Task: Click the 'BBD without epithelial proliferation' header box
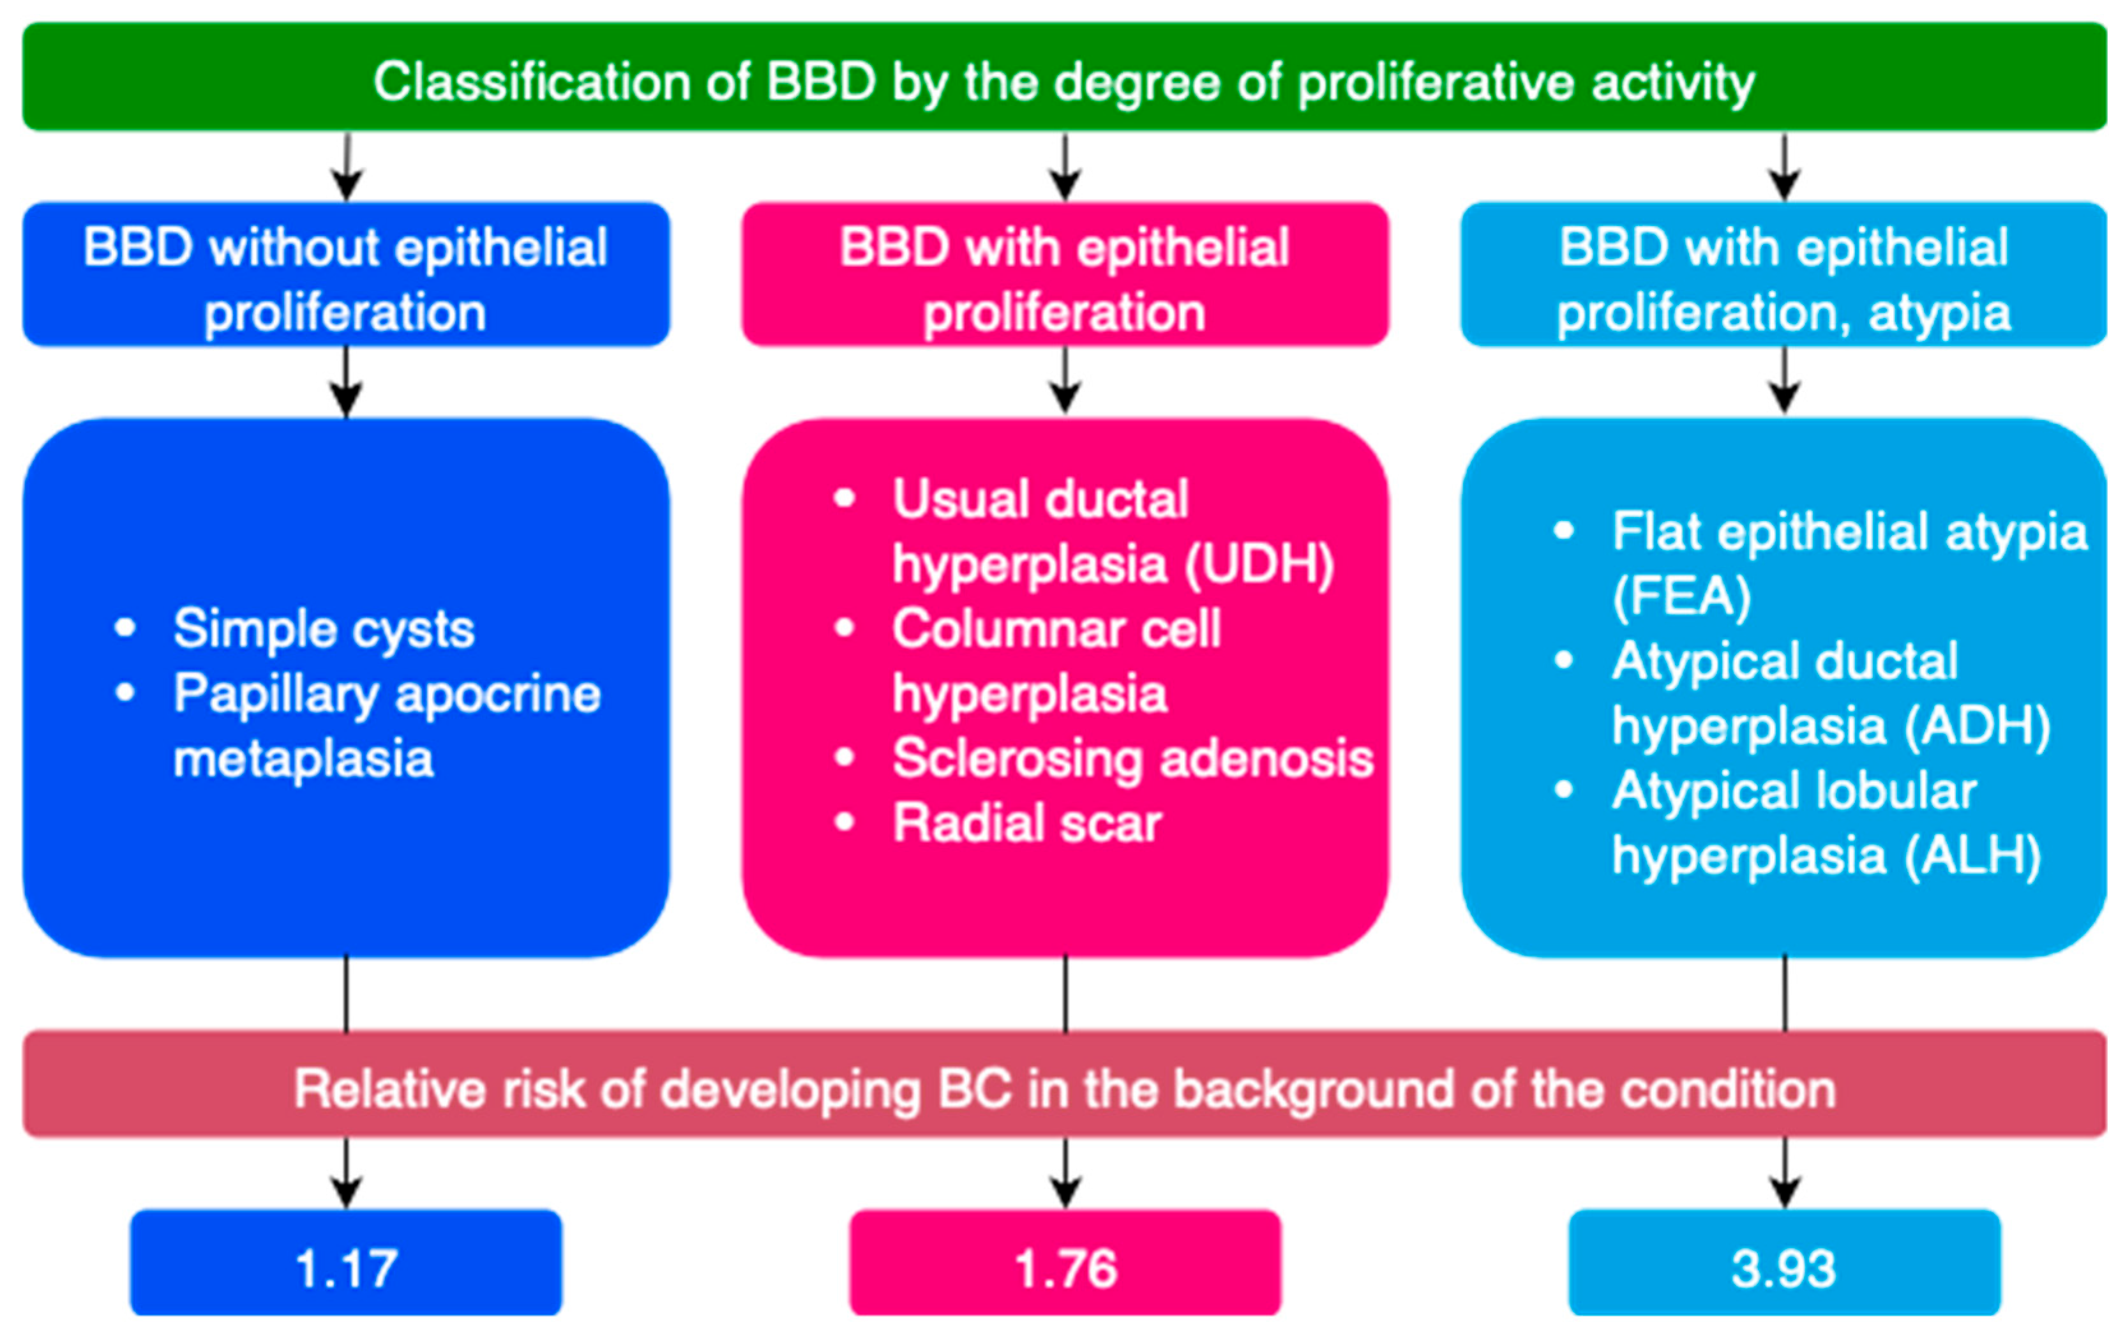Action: coord(346,275)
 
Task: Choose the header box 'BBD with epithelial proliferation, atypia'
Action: coord(1783,275)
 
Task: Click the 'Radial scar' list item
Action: coord(1026,823)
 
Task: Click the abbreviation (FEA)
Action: coord(1681,598)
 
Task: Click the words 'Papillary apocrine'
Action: coord(387,694)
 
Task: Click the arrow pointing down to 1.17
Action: coord(346,1173)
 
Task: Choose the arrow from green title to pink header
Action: coord(1065,168)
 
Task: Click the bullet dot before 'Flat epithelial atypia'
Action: coord(1564,530)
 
